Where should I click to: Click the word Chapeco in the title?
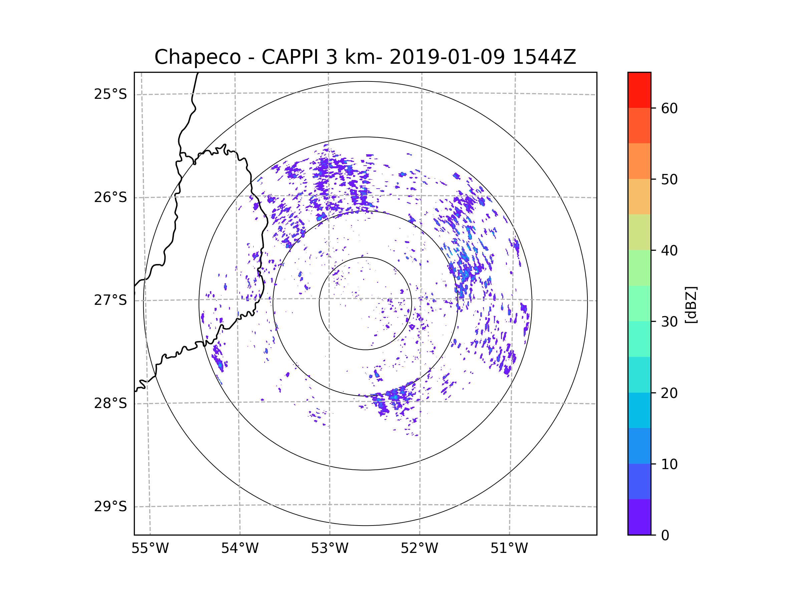197,57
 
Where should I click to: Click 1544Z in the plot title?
544,57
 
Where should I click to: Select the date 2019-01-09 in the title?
447,57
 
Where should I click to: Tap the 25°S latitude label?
110,94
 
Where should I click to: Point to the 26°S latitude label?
110,197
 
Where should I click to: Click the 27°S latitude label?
110,300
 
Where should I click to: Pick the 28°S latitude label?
110,403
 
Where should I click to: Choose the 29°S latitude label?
110,507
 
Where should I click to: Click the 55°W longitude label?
150,549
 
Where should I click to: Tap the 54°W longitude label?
240,549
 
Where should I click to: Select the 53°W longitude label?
329,549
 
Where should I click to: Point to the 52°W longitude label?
419,549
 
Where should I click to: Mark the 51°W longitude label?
509,549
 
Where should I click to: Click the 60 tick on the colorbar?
669,108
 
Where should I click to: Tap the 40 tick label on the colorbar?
669,251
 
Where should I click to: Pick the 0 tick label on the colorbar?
665,536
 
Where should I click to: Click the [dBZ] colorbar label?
691,305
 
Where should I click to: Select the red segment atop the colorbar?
639,90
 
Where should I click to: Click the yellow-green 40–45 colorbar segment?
639,232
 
